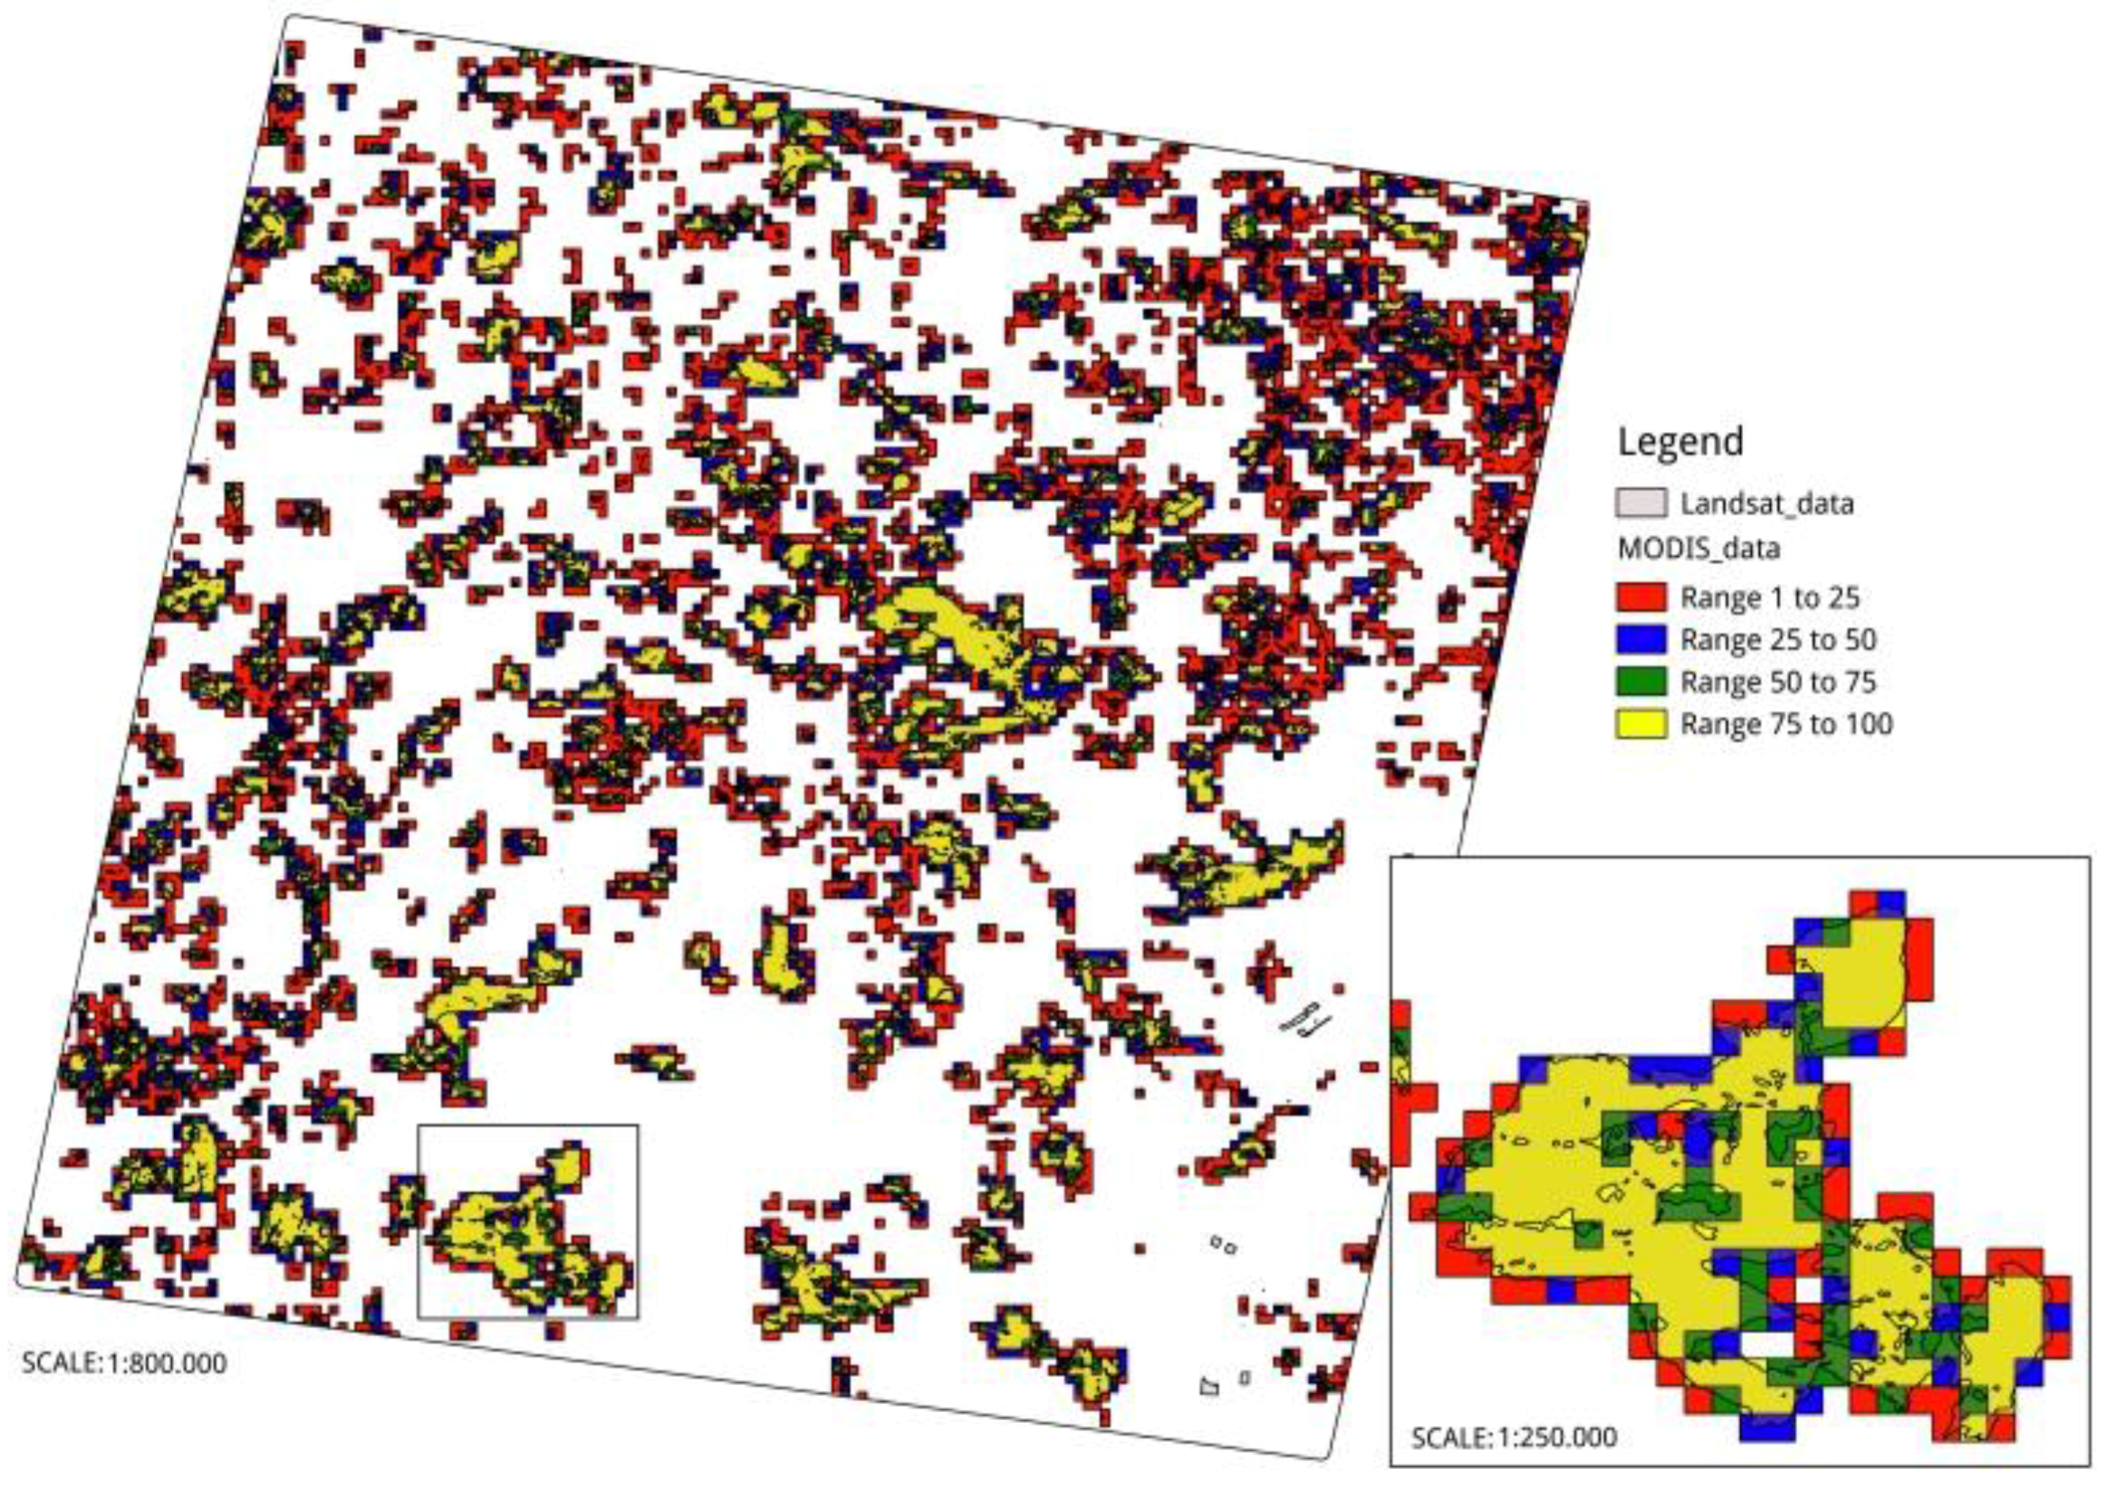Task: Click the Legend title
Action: (1679, 442)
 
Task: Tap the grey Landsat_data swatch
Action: (1640, 504)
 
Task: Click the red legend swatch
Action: (1640, 597)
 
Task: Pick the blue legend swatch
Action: (1640, 639)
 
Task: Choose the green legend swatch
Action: (1640, 682)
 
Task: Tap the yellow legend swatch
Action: (1640, 724)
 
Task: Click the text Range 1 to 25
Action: (1769, 598)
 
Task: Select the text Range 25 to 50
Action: (1777, 639)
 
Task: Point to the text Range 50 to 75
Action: (1777, 682)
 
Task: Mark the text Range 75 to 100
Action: (1785, 724)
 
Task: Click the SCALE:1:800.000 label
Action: (124, 1362)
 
